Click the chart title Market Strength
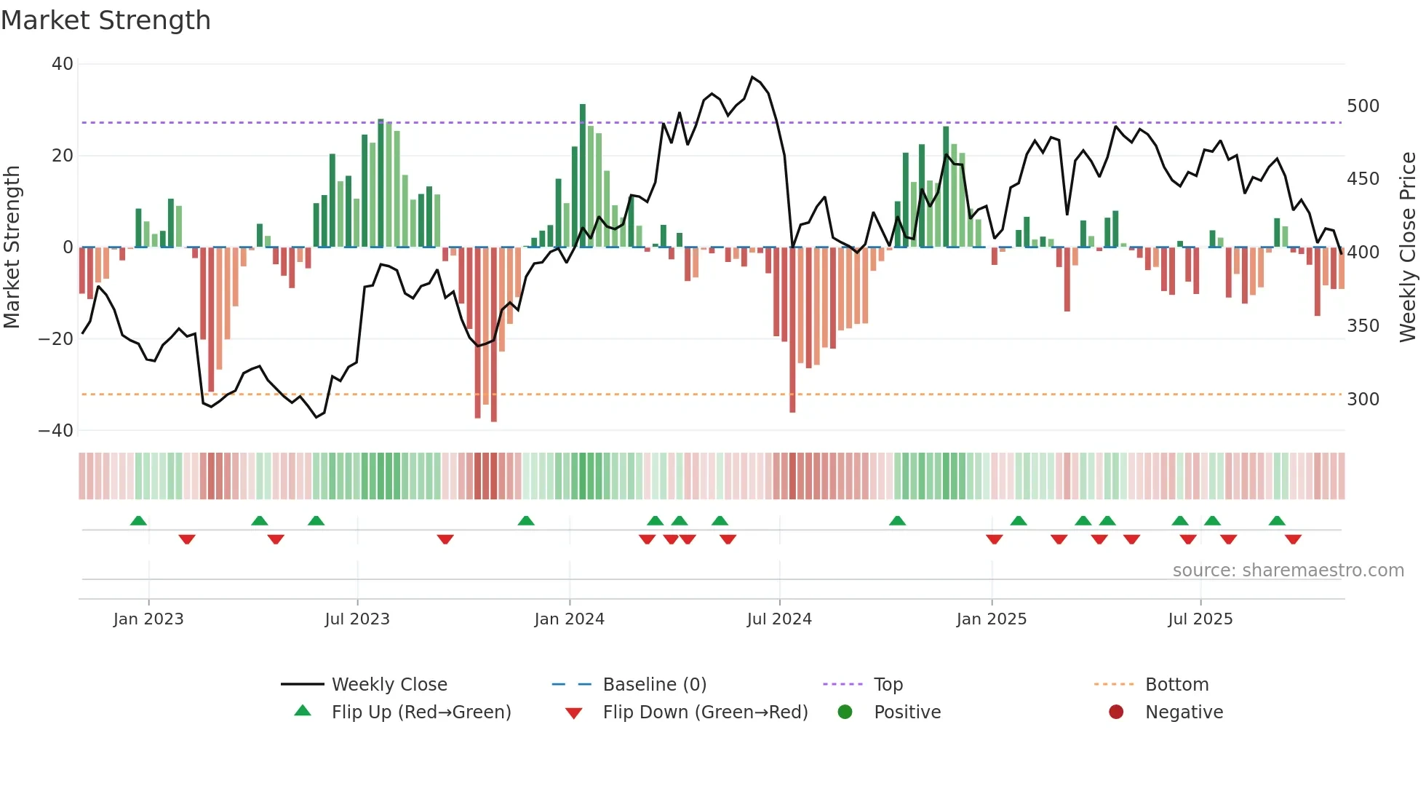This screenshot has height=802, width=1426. tap(105, 20)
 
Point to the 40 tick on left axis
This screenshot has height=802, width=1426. tap(63, 64)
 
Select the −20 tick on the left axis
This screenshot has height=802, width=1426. tap(56, 339)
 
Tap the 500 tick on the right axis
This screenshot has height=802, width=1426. tap(1363, 106)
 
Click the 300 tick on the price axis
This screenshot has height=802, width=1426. tap(1363, 400)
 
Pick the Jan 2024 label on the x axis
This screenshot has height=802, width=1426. tap(569, 619)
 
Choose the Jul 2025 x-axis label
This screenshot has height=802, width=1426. tap(1200, 619)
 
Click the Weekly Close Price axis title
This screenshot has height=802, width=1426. tap(1408, 247)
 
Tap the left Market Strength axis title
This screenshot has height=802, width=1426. tap(12, 247)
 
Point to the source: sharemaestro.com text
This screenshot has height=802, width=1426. tap(1288, 571)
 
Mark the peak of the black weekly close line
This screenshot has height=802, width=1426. tap(752, 77)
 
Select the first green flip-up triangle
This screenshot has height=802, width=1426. tap(138, 520)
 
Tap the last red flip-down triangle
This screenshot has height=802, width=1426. tap(1293, 539)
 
